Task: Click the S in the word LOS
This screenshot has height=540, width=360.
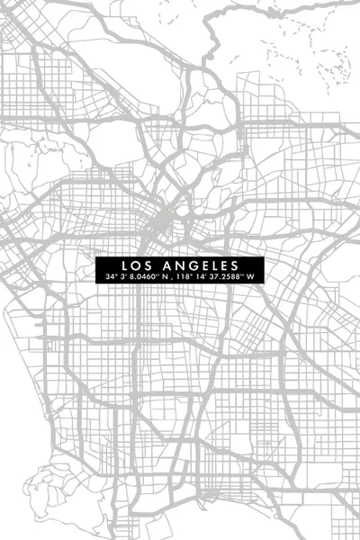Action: [x=146, y=265]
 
